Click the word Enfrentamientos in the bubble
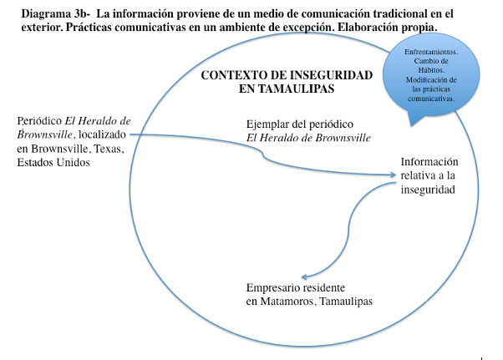(x=429, y=52)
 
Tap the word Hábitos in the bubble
(x=429, y=70)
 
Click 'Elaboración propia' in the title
(x=386, y=27)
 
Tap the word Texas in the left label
(x=109, y=149)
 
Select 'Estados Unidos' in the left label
(x=53, y=162)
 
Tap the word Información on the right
(x=429, y=162)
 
